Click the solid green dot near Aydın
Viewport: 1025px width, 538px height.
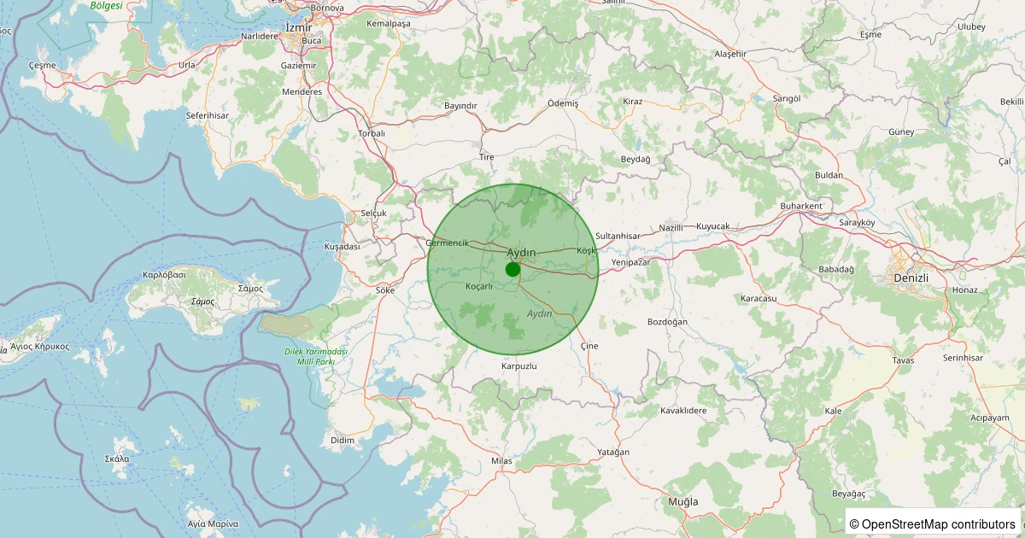(x=512, y=269)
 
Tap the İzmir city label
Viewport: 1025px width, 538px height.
(x=300, y=27)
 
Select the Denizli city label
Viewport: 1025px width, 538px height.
(x=910, y=278)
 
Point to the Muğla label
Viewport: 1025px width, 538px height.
(x=682, y=501)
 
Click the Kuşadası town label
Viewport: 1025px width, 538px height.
(x=342, y=246)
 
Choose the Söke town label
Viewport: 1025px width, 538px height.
(x=385, y=290)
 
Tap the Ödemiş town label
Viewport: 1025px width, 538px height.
(x=563, y=102)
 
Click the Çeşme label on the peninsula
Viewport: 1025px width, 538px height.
(x=42, y=65)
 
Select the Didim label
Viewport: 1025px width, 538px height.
(x=342, y=440)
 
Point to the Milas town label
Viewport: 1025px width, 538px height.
(x=501, y=461)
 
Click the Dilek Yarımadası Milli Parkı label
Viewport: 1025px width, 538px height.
(x=315, y=357)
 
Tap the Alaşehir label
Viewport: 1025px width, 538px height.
(x=730, y=54)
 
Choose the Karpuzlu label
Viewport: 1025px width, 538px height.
(x=518, y=366)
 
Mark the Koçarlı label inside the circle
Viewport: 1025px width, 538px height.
(x=479, y=286)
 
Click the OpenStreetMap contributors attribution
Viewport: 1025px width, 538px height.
(x=933, y=523)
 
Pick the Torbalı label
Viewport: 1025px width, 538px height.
(x=372, y=133)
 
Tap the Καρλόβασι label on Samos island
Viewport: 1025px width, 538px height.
(x=165, y=276)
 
